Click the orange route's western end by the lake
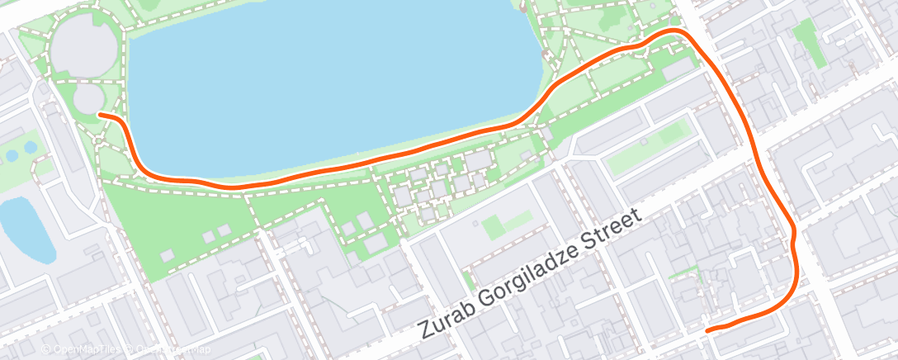100,115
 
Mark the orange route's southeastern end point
708,329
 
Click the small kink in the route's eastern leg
792,238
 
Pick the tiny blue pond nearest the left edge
12,154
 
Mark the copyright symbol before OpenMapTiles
45,349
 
